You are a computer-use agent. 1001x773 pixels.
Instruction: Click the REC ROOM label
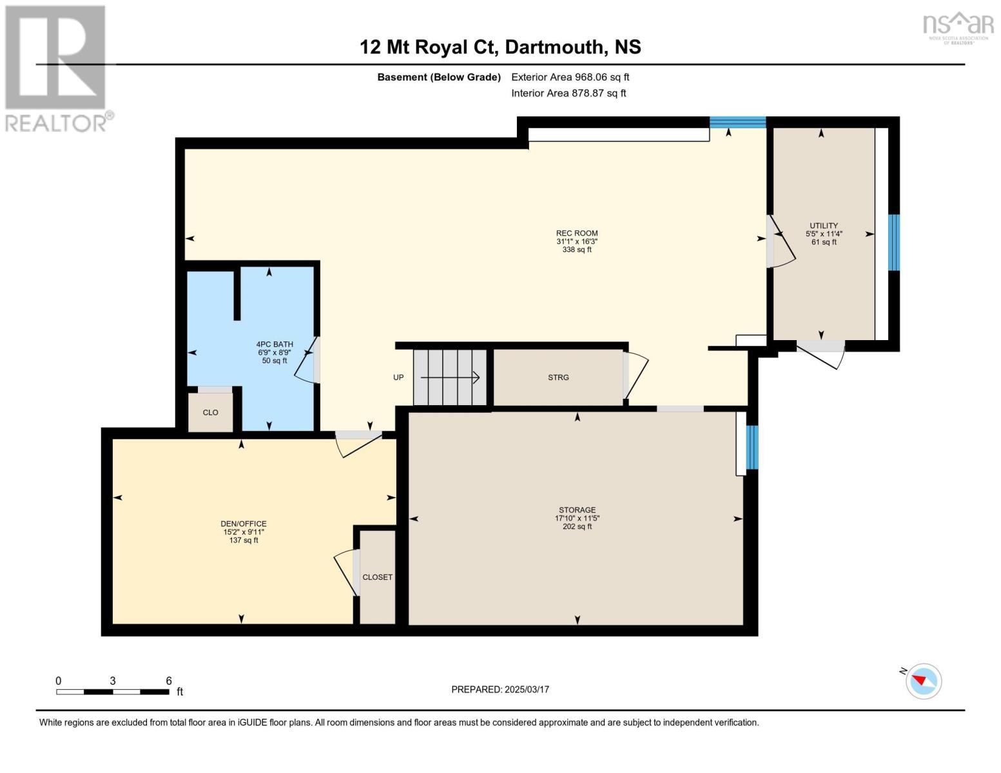[x=577, y=241]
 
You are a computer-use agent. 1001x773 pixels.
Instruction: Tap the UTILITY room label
[x=824, y=233]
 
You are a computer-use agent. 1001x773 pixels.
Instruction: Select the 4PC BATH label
[x=275, y=352]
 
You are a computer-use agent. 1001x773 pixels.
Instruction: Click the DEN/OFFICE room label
[x=244, y=531]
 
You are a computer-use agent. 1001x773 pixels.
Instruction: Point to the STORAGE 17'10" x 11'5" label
[x=577, y=518]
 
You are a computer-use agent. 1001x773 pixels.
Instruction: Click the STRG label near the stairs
[x=558, y=377]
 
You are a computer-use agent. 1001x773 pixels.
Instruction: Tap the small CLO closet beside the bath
[x=210, y=412]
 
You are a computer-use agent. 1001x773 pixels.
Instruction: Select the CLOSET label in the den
[x=377, y=577]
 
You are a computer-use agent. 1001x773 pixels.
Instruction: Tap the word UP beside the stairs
[x=398, y=377]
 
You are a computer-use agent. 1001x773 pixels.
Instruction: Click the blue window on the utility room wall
[x=893, y=242]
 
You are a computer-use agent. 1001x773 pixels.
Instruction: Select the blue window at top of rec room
[x=737, y=122]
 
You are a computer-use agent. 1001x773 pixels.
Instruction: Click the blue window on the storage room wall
[x=752, y=447]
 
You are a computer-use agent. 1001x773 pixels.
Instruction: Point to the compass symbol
[x=923, y=680]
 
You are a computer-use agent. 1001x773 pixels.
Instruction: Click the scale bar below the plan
[x=113, y=692]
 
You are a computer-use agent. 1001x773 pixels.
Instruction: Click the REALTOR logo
[x=56, y=68]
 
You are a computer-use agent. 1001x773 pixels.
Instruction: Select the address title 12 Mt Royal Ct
[x=500, y=47]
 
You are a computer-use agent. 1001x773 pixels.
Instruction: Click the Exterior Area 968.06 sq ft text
[x=570, y=77]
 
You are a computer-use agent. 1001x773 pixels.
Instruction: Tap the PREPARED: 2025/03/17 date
[x=500, y=689]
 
